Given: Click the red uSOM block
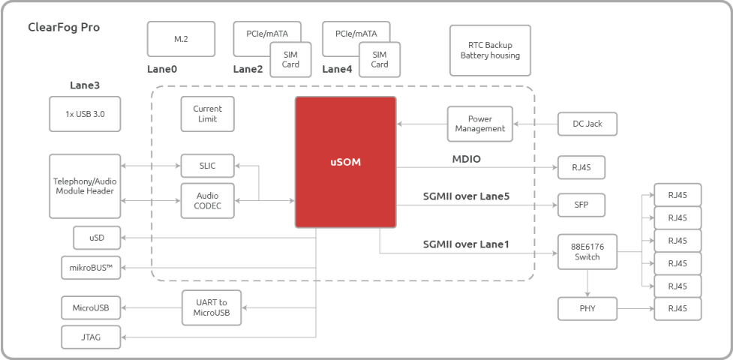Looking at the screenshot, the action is [x=345, y=162].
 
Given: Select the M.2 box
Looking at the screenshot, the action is [x=182, y=39].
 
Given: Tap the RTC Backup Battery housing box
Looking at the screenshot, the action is [x=490, y=50].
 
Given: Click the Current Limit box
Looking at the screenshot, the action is [x=208, y=114].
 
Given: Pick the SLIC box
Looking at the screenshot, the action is [x=208, y=166].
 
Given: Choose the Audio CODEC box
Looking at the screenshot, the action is [x=208, y=201].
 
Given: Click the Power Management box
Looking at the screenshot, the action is [x=480, y=124].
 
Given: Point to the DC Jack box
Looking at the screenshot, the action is [x=587, y=124].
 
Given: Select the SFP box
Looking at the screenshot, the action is [x=581, y=205].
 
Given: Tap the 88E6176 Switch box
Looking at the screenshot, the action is [x=587, y=252].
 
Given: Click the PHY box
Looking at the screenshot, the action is [x=587, y=308].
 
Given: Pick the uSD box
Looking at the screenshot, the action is [x=97, y=238].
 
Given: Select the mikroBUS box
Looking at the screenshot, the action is [x=92, y=268].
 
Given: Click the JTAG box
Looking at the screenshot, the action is [x=92, y=337].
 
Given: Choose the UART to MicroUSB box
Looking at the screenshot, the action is [x=212, y=307].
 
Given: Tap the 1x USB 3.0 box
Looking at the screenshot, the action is [x=85, y=114].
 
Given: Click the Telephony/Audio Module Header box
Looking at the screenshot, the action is [x=85, y=186].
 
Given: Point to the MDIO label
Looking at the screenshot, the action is [x=466, y=160].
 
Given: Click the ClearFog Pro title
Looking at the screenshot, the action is [x=64, y=28].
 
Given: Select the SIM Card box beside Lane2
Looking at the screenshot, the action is [x=290, y=59].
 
